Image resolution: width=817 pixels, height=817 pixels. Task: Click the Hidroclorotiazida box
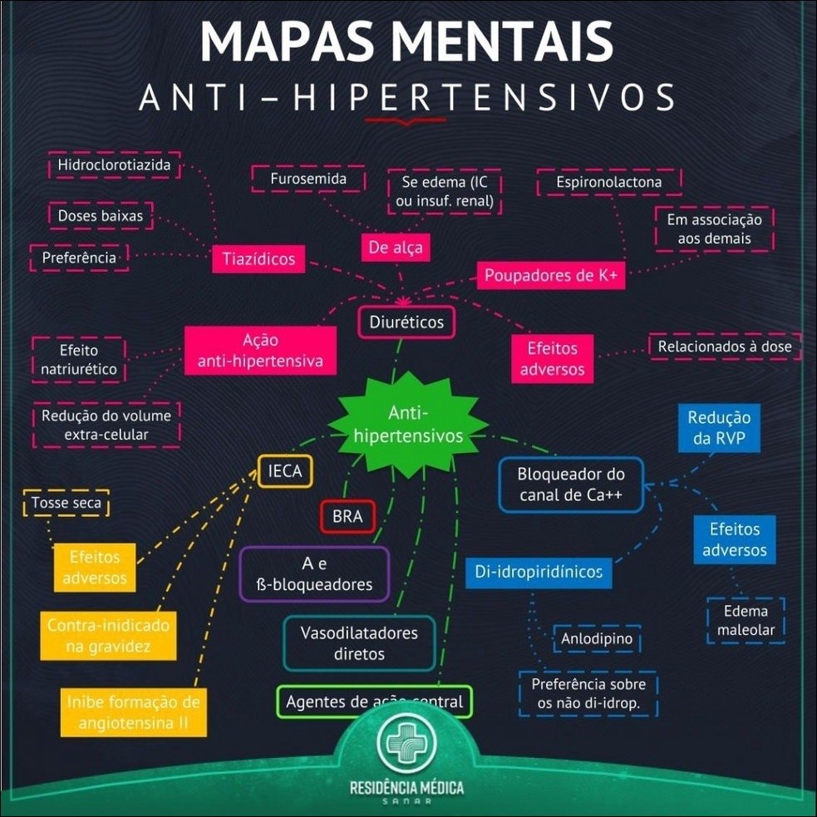[x=114, y=165]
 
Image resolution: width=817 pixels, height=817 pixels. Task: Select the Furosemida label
[x=308, y=179]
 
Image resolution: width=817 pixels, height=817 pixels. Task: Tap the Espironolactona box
[x=609, y=181]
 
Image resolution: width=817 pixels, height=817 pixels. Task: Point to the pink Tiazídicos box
[x=258, y=259]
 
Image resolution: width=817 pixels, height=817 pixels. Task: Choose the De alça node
[x=396, y=247]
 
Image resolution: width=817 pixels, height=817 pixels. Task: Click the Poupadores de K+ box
[x=551, y=276]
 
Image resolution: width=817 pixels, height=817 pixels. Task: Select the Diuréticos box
[x=406, y=322]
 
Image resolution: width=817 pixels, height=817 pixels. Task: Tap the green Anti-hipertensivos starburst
[x=408, y=424]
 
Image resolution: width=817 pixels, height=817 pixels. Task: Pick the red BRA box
[x=347, y=516]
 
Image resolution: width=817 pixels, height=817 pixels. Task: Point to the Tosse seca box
[x=66, y=504]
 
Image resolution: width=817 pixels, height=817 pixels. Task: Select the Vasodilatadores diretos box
[x=359, y=643]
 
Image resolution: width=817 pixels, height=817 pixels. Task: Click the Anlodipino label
[x=597, y=639]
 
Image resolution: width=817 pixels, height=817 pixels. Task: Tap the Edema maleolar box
[x=746, y=620]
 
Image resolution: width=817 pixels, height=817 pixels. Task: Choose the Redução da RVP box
[x=720, y=428]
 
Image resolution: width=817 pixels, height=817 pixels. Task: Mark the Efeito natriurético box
[x=77, y=360]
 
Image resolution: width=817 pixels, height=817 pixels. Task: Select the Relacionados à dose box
[x=725, y=346]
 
